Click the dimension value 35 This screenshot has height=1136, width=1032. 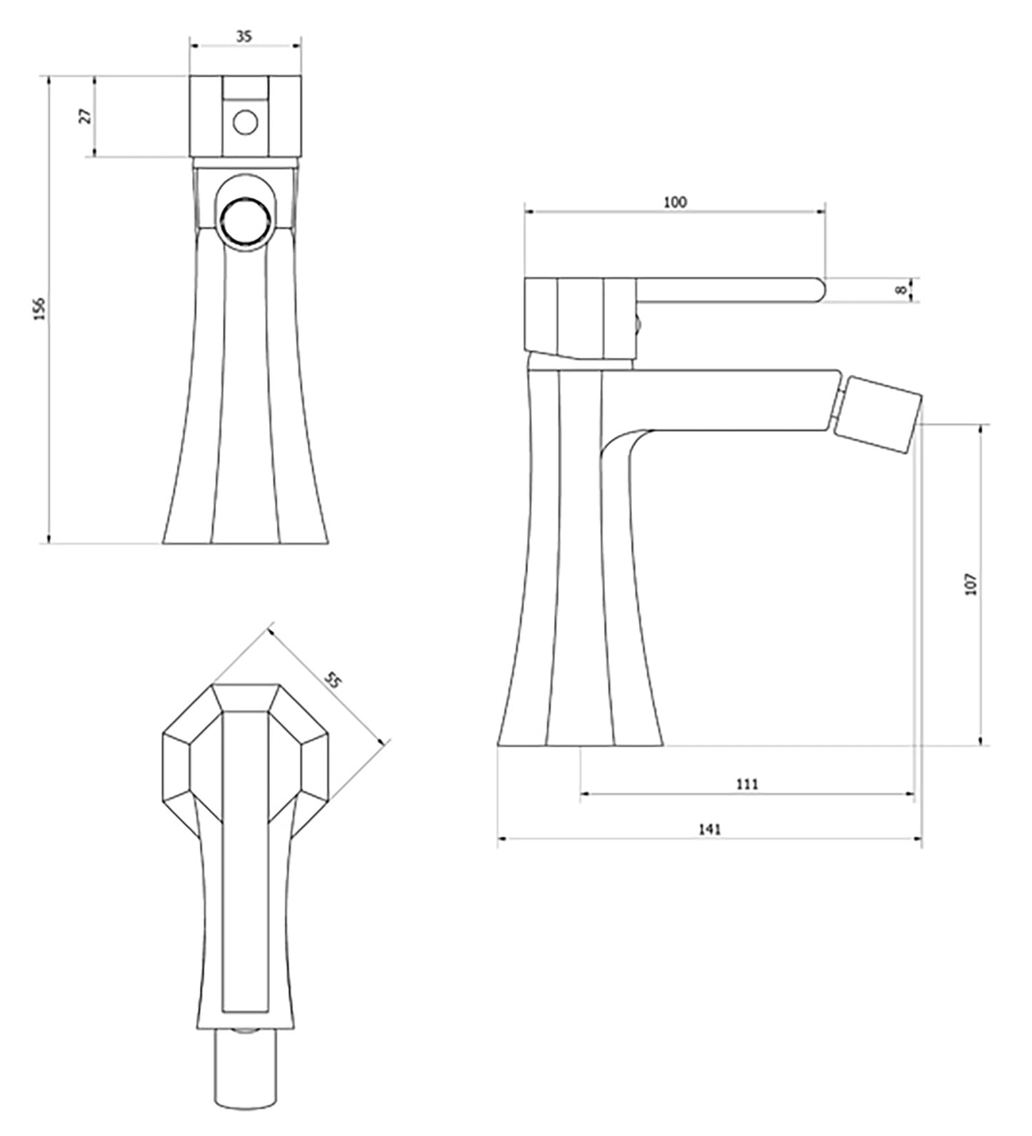tap(244, 37)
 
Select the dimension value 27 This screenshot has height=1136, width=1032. tap(86, 116)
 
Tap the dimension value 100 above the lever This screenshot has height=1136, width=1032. tap(675, 202)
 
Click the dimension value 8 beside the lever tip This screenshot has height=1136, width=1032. tap(902, 290)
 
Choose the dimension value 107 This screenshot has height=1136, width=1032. tap(970, 584)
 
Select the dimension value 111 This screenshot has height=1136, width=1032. tap(746, 784)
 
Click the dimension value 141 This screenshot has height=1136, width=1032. tap(709, 829)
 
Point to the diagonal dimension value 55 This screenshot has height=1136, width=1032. tap(333, 680)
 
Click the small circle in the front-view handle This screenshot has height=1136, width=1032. tap(245, 123)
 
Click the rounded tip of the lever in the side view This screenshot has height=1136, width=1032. tap(818, 290)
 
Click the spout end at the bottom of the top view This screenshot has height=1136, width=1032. tap(245, 1078)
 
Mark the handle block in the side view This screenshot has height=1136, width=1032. tap(580, 318)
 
